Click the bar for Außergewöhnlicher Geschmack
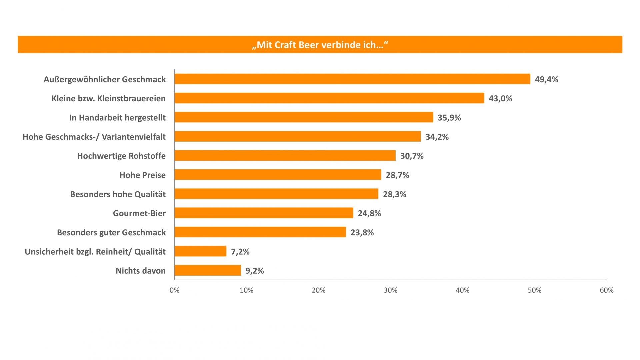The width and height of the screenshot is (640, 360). point(352,79)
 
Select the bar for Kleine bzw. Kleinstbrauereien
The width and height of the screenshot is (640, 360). point(329,98)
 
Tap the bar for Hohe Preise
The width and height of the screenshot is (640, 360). point(278,175)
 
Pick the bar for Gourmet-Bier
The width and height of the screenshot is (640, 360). point(264,213)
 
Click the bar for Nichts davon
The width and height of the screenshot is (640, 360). point(208,270)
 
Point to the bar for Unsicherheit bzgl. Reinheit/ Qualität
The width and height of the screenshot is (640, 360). point(200,251)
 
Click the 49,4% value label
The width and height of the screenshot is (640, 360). point(546,79)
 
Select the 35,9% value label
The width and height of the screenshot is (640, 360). point(449,118)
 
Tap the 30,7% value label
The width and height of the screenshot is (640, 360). point(412,156)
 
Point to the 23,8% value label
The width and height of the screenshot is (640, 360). point(362,232)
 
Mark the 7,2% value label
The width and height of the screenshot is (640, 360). point(240,252)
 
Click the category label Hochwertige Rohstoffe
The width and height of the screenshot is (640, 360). point(121,156)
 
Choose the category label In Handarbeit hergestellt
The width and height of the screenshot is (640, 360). point(117,118)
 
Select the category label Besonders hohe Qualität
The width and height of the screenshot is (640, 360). point(118,194)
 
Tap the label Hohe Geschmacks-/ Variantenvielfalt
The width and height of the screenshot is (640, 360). point(94,137)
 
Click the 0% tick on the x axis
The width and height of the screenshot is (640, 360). point(174,290)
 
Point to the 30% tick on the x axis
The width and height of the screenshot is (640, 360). point(390,290)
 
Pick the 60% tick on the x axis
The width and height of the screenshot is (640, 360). point(606,290)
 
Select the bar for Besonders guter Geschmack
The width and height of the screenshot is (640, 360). point(260,232)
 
